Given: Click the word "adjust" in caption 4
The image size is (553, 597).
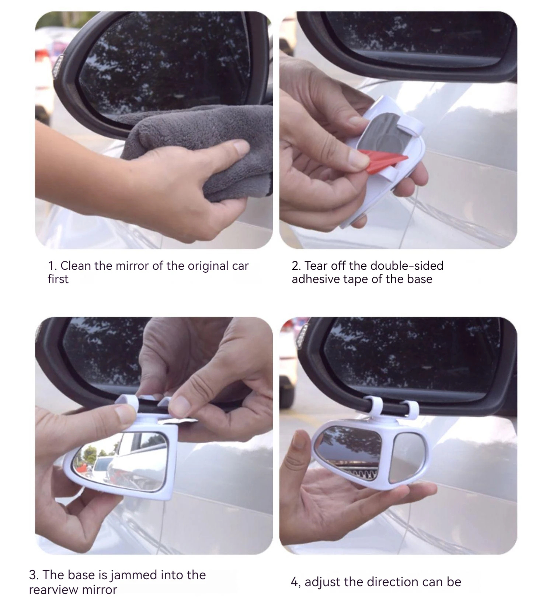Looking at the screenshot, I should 323,582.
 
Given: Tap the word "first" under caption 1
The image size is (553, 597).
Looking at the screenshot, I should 58,279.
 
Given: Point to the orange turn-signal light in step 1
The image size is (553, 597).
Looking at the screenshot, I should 58,66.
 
